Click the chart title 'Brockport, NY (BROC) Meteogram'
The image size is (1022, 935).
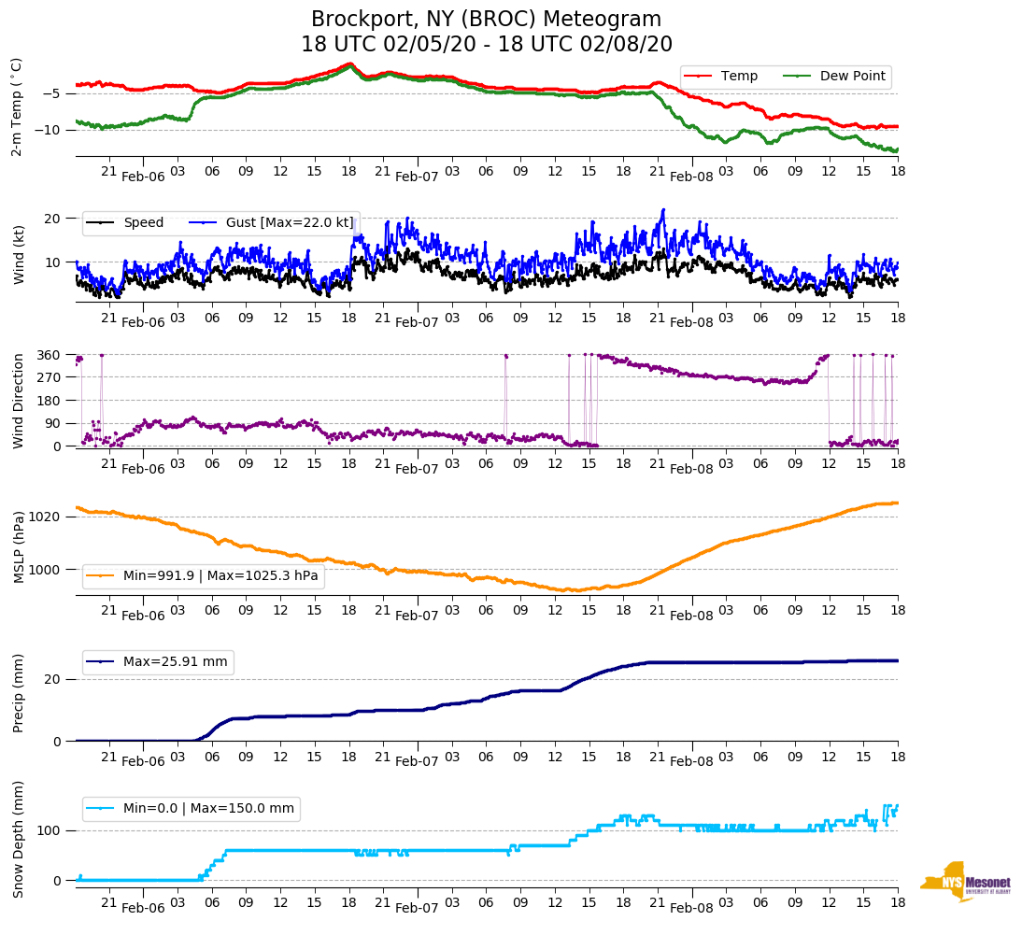[x=486, y=20]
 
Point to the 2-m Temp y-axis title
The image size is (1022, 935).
[x=16, y=106]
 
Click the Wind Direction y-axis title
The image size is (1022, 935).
[x=18, y=401]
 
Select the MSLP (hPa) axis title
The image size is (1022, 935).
[x=18, y=546]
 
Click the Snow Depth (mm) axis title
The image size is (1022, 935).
[x=18, y=839]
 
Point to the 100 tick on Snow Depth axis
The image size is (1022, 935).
[x=50, y=830]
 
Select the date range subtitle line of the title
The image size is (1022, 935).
[x=486, y=45]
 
